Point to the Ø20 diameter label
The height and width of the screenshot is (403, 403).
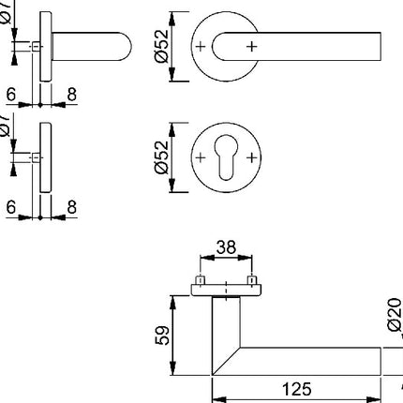click(393, 317)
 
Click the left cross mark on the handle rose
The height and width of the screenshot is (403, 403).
click(200, 44)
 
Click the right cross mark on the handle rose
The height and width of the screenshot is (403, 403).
click(251, 44)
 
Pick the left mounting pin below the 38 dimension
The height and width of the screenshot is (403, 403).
click(200, 281)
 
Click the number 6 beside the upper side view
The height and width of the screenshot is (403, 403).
click(11, 94)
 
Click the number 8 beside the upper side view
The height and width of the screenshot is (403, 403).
click(70, 94)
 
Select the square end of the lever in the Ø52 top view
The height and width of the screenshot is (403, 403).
click(378, 44)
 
